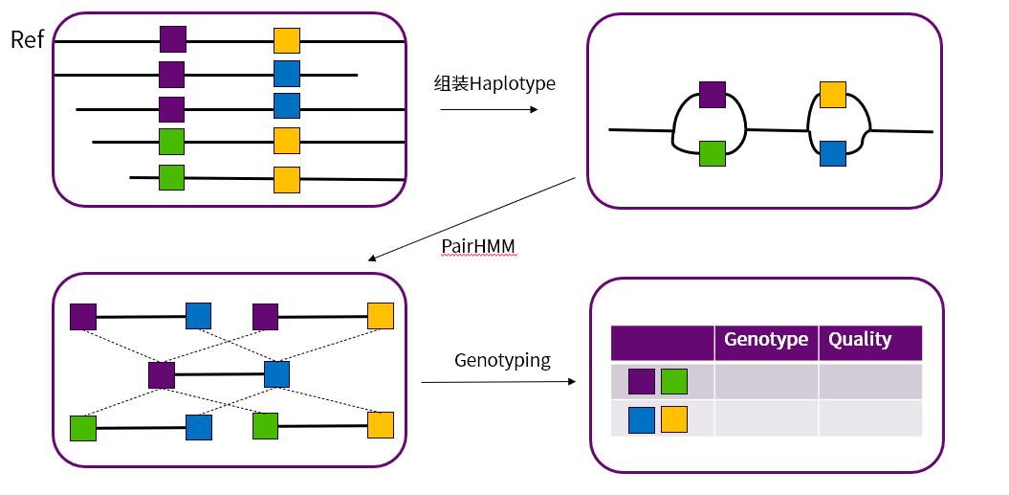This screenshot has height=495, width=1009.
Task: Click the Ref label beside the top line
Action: pos(27,40)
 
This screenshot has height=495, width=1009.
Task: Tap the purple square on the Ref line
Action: pos(172,39)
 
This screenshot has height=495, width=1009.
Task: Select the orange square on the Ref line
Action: pos(287,40)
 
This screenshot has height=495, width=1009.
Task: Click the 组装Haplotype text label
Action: pos(494,84)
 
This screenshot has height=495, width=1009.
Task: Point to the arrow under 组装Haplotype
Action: pos(489,110)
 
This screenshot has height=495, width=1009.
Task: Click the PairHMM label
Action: pos(478,246)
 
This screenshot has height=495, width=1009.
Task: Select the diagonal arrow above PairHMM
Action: pos(472,218)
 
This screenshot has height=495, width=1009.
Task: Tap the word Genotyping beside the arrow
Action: pos(502,361)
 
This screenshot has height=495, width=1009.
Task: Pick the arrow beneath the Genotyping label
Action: pos(498,382)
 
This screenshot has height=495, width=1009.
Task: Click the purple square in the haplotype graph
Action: pos(713,94)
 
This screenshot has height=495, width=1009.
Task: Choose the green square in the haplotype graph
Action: pos(713,153)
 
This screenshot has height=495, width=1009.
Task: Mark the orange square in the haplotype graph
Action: pos(833,94)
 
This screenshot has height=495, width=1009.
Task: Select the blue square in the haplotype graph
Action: pos(833,153)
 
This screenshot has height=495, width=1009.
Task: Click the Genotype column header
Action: pos(766,340)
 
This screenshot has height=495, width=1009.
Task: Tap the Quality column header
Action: pos(860,340)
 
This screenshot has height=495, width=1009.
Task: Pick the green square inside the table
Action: pos(674,381)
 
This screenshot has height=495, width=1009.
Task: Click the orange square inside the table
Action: pos(674,419)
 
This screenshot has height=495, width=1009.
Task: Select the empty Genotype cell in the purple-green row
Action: pos(766,381)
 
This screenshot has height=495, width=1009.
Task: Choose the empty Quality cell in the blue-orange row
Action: pos(869,419)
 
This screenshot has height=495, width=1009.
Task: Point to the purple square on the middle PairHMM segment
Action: pos(162,374)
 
